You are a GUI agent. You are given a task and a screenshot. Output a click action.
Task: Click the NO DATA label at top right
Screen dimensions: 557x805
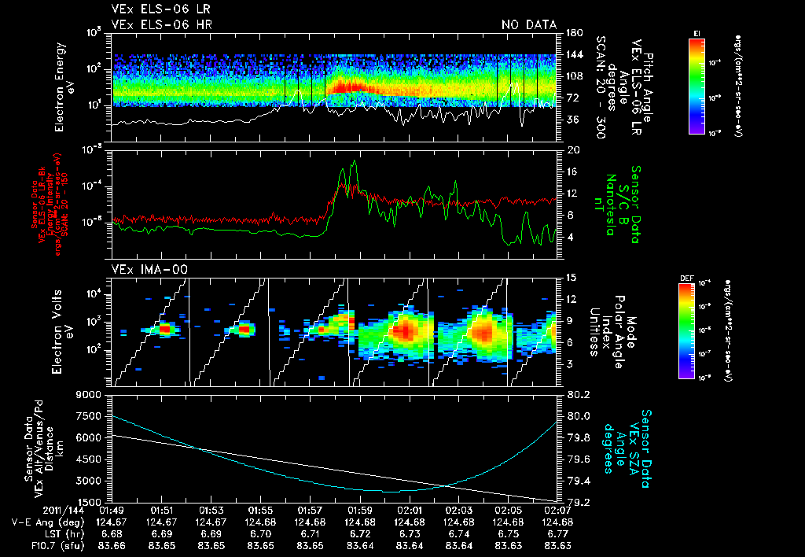(529, 25)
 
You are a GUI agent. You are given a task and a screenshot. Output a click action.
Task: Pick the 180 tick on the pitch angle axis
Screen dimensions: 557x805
(573, 33)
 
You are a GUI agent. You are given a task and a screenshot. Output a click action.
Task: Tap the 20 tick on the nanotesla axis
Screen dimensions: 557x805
(572, 149)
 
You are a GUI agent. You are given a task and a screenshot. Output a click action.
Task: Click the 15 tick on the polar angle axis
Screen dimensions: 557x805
(571, 277)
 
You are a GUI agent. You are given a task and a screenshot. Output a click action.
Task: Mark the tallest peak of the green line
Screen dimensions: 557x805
(355, 160)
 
